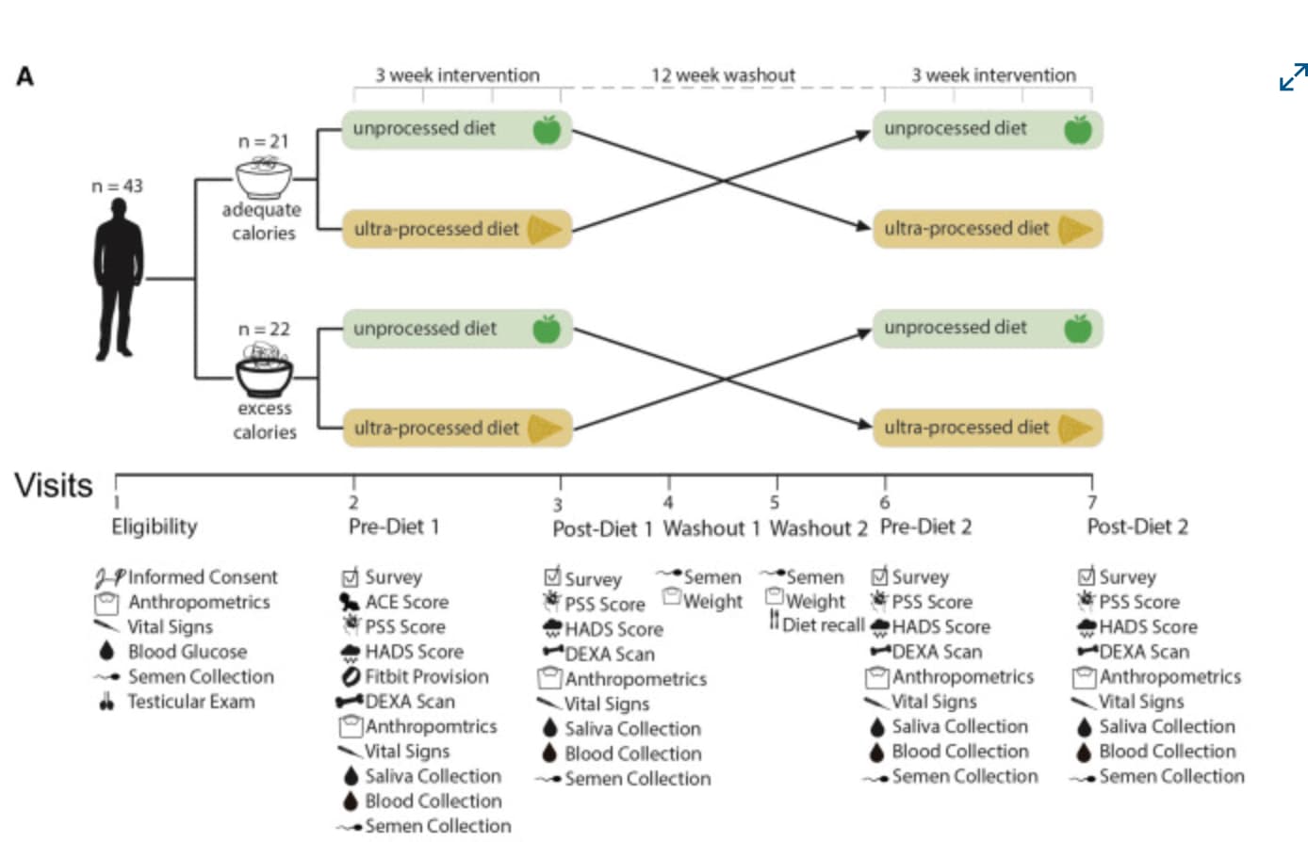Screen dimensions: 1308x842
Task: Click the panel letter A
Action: (x=25, y=76)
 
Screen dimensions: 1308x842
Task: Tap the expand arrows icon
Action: (x=1293, y=77)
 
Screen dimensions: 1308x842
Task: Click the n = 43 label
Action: (x=118, y=186)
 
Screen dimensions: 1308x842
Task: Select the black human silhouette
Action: (x=119, y=279)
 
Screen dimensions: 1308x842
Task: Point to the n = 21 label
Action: (x=263, y=142)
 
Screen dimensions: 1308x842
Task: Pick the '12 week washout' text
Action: (x=723, y=75)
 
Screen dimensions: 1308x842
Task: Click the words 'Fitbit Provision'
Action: (x=427, y=677)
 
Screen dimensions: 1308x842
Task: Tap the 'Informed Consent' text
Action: (x=203, y=577)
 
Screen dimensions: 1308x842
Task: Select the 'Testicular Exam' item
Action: (x=191, y=702)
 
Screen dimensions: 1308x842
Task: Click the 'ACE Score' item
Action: (x=407, y=602)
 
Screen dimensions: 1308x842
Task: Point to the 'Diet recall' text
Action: (x=824, y=625)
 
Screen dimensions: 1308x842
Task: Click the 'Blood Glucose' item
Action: (x=188, y=652)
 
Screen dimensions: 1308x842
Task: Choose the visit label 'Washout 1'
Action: (x=711, y=528)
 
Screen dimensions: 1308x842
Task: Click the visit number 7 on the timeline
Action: (x=1092, y=502)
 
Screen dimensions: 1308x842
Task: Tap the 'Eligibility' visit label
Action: (x=155, y=526)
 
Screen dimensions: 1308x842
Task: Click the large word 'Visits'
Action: (x=54, y=485)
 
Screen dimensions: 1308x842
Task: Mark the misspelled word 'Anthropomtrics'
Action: (x=431, y=726)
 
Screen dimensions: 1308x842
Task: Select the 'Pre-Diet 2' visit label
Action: (x=926, y=526)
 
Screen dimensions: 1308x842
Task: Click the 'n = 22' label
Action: (x=264, y=330)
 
